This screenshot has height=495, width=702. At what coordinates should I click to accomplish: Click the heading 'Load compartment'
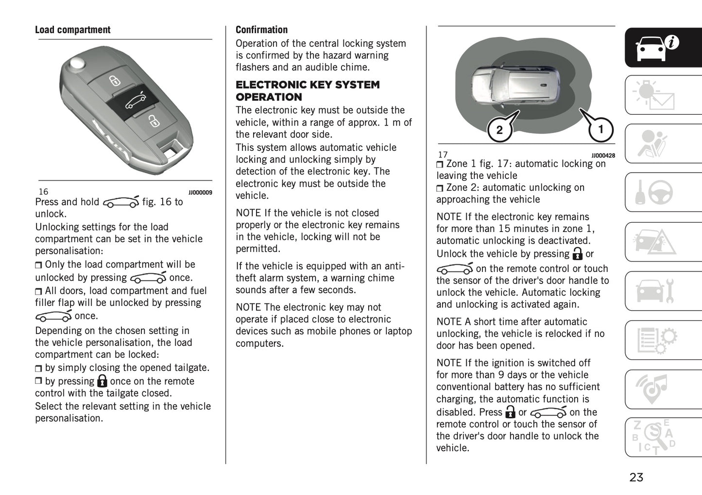[72, 30]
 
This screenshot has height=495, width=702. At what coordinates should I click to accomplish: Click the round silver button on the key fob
[76, 64]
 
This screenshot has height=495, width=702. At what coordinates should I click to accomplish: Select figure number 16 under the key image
[43, 192]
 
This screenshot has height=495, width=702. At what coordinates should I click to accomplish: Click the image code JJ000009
[200, 193]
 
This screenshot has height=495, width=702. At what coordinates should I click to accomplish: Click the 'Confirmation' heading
[261, 30]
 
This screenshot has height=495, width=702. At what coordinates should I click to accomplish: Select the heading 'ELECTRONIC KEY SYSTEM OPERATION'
[307, 90]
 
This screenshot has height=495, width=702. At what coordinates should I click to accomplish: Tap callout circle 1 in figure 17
[600, 129]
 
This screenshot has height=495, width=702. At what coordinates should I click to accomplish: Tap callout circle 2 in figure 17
[499, 130]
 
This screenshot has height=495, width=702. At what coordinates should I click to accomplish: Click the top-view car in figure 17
[515, 83]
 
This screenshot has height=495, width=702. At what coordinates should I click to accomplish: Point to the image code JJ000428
[603, 156]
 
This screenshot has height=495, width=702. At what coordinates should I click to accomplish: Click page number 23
[636, 477]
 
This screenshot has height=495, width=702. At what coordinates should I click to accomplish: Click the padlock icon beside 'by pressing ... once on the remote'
[102, 381]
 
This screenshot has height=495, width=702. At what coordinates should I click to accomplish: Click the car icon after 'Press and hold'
[120, 202]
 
